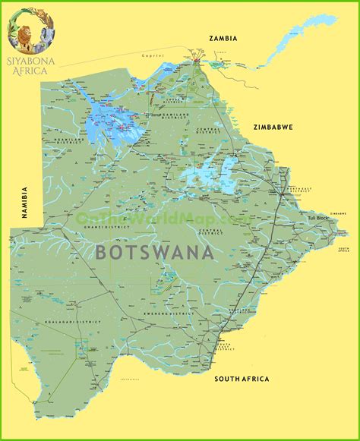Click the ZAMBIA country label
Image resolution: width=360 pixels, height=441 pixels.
coord(223,38)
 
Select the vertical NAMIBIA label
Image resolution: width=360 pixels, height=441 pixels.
coord(24,203)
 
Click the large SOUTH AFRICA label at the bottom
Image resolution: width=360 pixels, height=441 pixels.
coord(242,379)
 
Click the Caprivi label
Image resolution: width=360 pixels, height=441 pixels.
coord(153,55)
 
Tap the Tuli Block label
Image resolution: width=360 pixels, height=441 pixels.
coord(317,219)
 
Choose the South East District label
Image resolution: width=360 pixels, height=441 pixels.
coord(224,345)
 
